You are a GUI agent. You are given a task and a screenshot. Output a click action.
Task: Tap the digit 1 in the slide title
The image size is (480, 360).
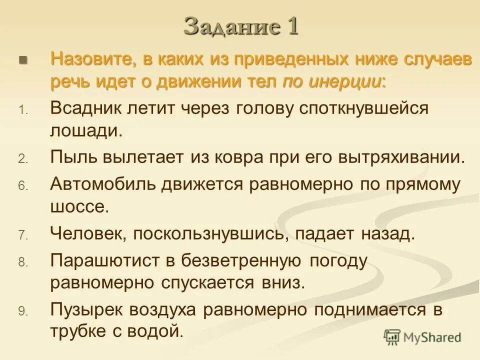coord(292,26)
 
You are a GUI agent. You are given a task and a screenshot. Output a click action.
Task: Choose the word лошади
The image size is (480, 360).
coord(85,131)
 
